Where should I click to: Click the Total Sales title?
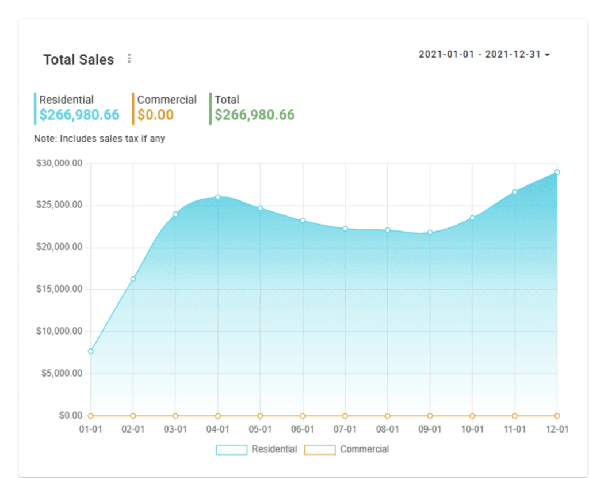(x=79, y=59)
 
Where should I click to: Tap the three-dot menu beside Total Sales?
(x=129, y=58)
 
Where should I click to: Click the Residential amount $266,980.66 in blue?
(x=79, y=115)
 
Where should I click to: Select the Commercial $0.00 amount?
(x=155, y=115)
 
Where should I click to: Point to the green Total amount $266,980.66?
(x=255, y=115)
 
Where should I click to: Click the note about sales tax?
(x=100, y=139)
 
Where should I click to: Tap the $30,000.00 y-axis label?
(x=59, y=164)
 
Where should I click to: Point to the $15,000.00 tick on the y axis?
(x=59, y=289)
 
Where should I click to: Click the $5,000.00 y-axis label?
(x=61, y=373)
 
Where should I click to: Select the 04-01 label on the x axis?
(x=217, y=430)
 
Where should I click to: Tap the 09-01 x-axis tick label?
(x=430, y=430)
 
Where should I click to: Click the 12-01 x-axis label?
(x=557, y=430)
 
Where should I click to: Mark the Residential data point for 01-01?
(x=91, y=351)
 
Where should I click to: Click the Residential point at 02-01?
(x=133, y=279)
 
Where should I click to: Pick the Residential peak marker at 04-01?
(x=218, y=197)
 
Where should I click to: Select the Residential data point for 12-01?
(x=557, y=172)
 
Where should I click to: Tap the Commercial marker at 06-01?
(x=303, y=416)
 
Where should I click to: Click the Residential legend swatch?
(x=231, y=450)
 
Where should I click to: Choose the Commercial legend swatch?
(x=320, y=450)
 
